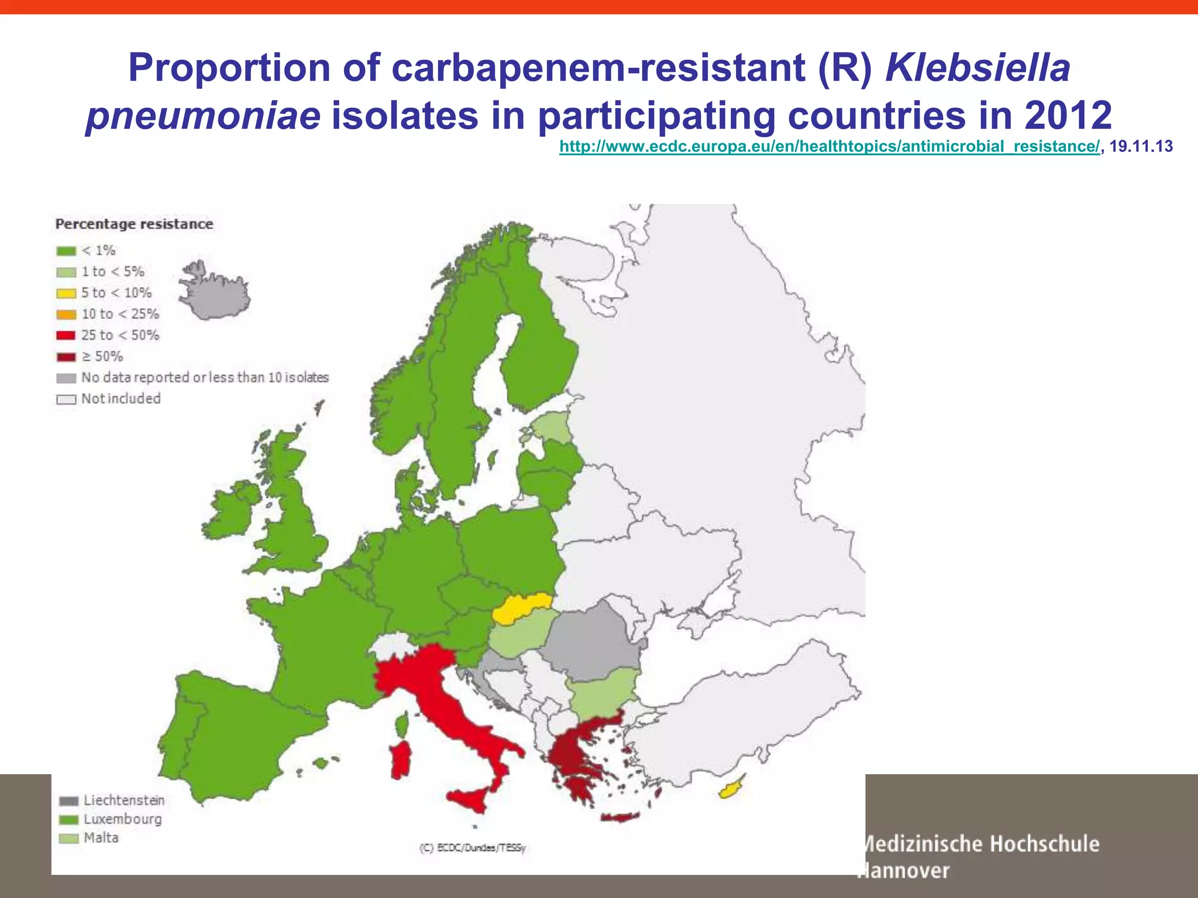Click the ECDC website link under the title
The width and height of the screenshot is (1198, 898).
pyautogui.click(x=829, y=146)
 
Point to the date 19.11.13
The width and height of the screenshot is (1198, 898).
pyautogui.click(x=1141, y=146)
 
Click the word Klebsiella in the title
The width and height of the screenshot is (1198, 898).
pyautogui.click(x=977, y=68)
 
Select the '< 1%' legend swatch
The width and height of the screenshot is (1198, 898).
pyautogui.click(x=66, y=251)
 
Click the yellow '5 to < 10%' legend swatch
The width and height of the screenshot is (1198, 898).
pyautogui.click(x=66, y=293)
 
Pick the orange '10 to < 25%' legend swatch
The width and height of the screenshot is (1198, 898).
pyautogui.click(x=66, y=315)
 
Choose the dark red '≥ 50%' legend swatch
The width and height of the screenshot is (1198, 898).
pyautogui.click(x=66, y=357)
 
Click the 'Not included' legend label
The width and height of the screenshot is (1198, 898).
pyautogui.click(x=121, y=399)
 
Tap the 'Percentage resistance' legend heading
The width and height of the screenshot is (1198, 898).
pyautogui.click(x=134, y=224)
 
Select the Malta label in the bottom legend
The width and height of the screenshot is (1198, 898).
pyautogui.click(x=101, y=838)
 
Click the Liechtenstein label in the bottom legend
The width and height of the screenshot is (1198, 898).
pyautogui.click(x=124, y=800)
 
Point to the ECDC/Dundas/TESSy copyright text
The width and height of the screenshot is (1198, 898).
pyautogui.click(x=473, y=848)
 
